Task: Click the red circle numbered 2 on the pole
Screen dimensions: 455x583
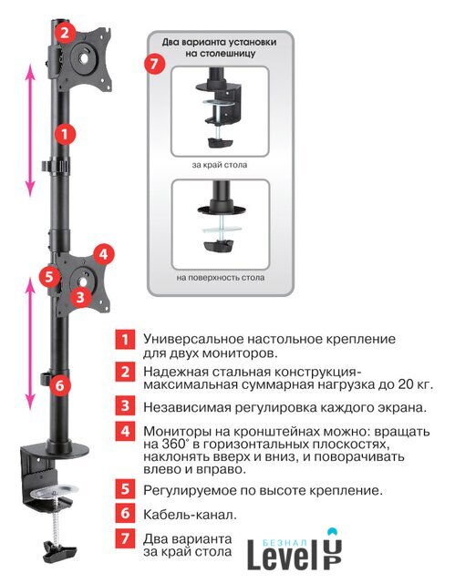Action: click(x=65, y=33)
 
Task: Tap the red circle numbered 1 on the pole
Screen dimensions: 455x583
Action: click(x=65, y=134)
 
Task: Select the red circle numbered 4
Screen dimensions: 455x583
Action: click(x=103, y=254)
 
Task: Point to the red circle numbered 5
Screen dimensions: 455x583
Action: click(x=49, y=276)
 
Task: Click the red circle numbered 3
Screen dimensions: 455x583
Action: click(x=80, y=297)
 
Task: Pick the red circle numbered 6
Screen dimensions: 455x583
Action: click(x=60, y=385)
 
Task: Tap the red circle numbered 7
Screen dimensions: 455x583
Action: click(x=154, y=64)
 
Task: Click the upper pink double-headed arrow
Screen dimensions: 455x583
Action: click(x=30, y=130)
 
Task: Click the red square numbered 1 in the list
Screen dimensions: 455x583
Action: click(x=125, y=339)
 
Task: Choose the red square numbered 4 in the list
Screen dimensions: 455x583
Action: click(x=125, y=431)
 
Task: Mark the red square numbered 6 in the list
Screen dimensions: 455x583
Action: click(x=125, y=513)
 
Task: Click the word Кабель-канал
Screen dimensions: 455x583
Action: click(x=190, y=515)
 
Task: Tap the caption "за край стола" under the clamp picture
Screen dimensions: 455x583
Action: click(x=220, y=165)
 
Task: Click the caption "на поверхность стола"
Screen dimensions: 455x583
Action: click(x=221, y=277)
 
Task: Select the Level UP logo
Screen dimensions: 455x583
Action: click(x=295, y=549)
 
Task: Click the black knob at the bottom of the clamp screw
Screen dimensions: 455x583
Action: click(x=59, y=552)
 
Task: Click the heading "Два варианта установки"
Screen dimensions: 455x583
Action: click(x=219, y=42)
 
